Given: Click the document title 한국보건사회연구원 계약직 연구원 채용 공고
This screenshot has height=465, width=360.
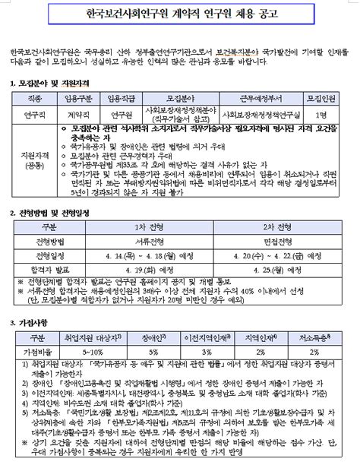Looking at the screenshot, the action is point(179,14).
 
